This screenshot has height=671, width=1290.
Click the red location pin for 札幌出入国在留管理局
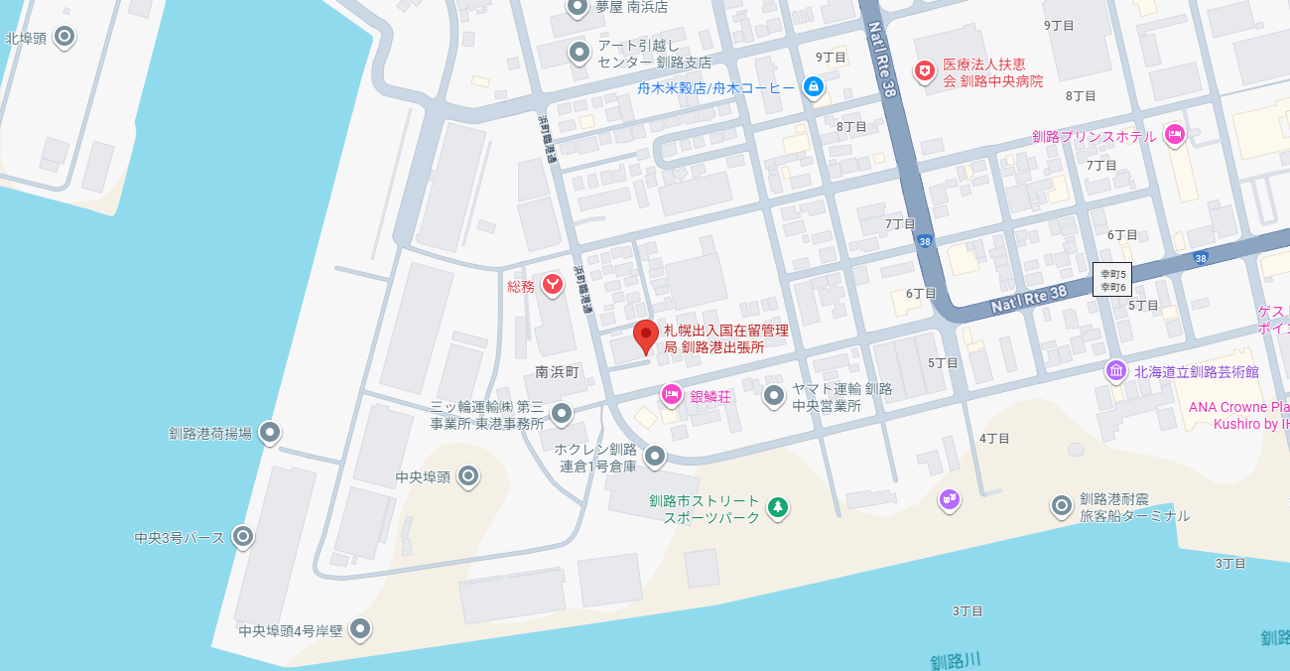click(x=646, y=335)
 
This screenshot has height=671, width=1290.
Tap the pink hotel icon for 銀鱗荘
click(x=672, y=395)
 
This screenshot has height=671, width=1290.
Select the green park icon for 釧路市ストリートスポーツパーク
click(x=779, y=508)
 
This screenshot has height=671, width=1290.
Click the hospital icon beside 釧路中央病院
click(x=925, y=71)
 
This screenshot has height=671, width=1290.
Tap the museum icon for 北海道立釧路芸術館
click(x=1117, y=371)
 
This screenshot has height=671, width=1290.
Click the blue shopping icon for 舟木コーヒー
click(x=814, y=87)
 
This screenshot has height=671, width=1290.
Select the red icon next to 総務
click(x=553, y=286)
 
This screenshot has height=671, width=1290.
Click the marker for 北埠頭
click(x=64, y=38)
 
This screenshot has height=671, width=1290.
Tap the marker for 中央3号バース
click(x=243, y=537)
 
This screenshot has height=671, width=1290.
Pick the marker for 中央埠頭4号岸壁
click(x=360, y=628)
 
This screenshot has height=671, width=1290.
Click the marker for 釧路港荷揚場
click(x=269, y=433)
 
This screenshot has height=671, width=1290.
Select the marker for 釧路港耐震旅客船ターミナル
click(x=1062, y=506)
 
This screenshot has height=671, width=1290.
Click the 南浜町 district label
click(x=557, y=372)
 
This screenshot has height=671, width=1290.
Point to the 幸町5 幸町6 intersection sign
click(x=1112, y=280)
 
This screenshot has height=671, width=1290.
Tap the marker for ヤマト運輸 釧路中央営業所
click(x=774, y=397)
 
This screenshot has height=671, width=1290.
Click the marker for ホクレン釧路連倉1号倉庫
click(x=655, y=457)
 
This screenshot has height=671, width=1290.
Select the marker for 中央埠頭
click(x=468, y=476)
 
